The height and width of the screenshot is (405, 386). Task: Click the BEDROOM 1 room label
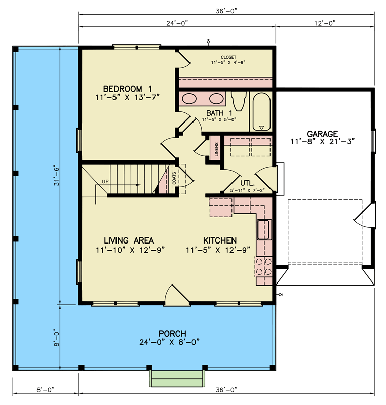pyautogui.click(x=127, y=89)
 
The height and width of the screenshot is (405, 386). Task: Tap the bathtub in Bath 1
pyautogui.click(x=261, y=111)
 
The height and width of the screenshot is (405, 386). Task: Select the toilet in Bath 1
pyautogui.click(x=239, y=101)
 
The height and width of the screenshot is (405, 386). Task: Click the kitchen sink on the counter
pyautogui.click(x=264, y=230)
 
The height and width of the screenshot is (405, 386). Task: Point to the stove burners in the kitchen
pyautogui.click(x=264, y=267)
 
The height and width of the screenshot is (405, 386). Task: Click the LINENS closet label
pyautogui.click(x=216, y=149)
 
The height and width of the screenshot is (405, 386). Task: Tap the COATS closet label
pyautogui.click(x=174, y=178)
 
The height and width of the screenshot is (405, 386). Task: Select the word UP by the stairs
pyautogui.click(x=105, y=182)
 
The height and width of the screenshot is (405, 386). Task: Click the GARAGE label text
pyautogui.click(x=322, y=134)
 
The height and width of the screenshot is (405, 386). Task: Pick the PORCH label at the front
pyautogui.click(x=172, y=333)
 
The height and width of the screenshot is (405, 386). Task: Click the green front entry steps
pyautogui.click(x=177, y=378)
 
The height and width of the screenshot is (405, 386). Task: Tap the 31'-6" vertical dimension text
pyautogui.click(x=57, y=176)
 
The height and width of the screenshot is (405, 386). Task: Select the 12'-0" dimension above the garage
pyautogui.click(x=325, y=23)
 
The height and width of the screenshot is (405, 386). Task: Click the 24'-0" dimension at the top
pyautogui.click(x=177, y=23)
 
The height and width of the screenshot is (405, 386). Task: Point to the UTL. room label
pyautogui.click(x=248, y=183)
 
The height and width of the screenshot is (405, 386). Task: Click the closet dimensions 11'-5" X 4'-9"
pyautogui.click(x=228, y=62)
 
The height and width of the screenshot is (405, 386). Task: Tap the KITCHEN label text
pyautogui.click(x=220, y=241)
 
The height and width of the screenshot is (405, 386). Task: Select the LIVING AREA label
pyautogui.click(x=129, y=241)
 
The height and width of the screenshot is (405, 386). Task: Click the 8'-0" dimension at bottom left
pyautogui.click(x=46, y=389)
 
